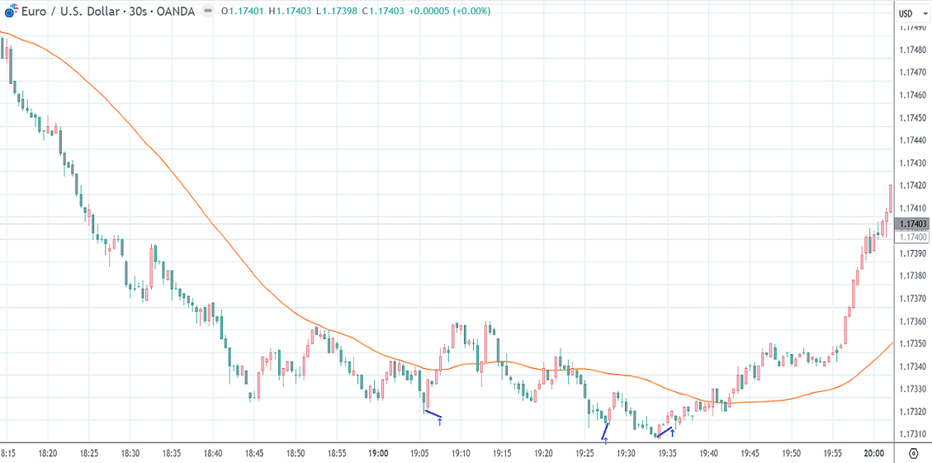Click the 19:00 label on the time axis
[x=378, y=453]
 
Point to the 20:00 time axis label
[x=874, y=453]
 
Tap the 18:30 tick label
[x=130, y=453]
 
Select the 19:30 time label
[x=626, y=453]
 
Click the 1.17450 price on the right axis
[x=911, y=118]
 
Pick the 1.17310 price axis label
[x=911, y=434]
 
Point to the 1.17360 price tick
[x=911, y=321]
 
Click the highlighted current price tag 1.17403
[x=913, y=224]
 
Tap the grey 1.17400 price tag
[x=913, y=237]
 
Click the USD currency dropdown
[x=909, y=13]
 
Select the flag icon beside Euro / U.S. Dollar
[x=11, y=12]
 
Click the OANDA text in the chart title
[x=176, y=12]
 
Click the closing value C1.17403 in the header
[x=383, y=12]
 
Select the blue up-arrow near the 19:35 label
[x=673, y=432]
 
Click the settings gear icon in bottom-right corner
[x=914, y=453]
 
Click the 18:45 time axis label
[x=253, y=453]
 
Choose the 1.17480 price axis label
[x=911, y=50]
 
